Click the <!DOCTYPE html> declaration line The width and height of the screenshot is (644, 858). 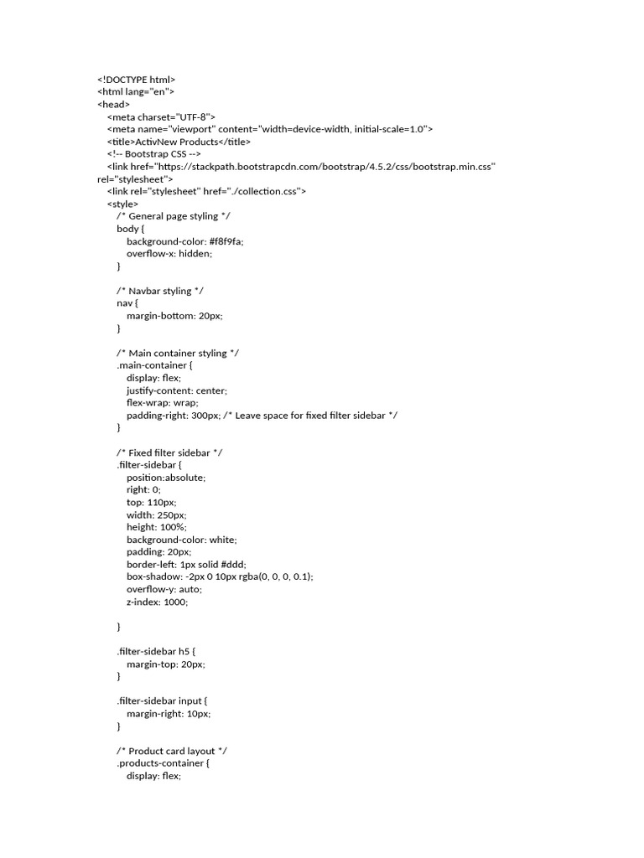pos(137,80)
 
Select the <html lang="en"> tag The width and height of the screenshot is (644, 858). pos(136,92)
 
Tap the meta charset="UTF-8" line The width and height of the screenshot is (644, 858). pos(162,116)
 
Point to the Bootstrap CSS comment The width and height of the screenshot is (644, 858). pos(153,154)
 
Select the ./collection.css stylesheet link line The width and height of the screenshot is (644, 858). pos(206,191)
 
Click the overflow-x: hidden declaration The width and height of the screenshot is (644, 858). pos(169,253)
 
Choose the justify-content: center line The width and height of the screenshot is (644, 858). pos(177,390)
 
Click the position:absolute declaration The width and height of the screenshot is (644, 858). pos(166,477)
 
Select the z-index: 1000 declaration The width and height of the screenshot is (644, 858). pos(158,602)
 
